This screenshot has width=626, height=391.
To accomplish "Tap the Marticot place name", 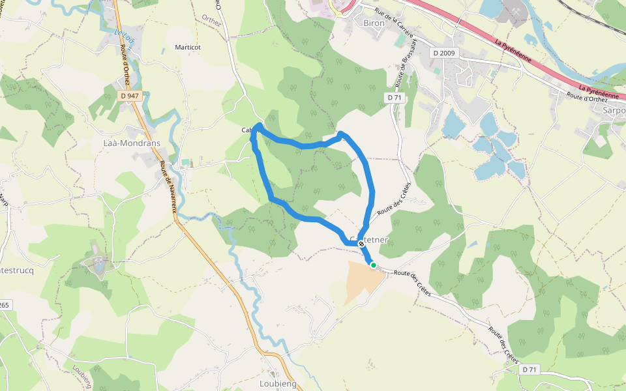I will (x=188, y=48).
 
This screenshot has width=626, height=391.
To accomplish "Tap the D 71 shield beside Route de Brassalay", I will (x=394, y=97).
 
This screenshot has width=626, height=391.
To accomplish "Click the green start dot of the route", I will (x=374, y=265).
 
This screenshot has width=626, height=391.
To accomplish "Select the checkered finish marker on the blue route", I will (x=361, y=243).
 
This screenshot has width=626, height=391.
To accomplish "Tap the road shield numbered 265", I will (x=4, y=305).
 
